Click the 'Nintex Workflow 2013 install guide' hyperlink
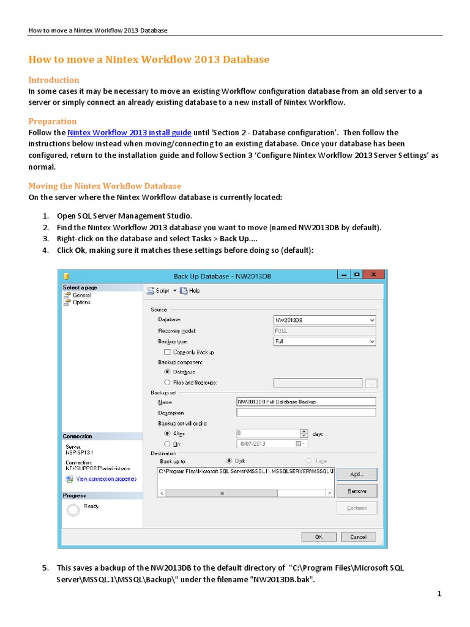click(x=130, y=133)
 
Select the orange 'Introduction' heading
click(x=54, y=80)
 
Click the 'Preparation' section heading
click(x=53, y=121)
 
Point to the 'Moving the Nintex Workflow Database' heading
click(x=105, y=186)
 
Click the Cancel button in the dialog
click(x=358, y=537)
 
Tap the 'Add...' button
click(x=356, y=474)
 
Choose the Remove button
click(x=356, y=491)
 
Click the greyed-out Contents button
click(x=356, y=508)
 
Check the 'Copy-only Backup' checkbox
click(x=167, y=352)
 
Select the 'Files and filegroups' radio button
click(x=167, y=383)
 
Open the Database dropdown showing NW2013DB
click(x=324, y=320)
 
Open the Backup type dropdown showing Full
click(x=324, y=342)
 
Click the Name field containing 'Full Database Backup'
click(x=305, y=402)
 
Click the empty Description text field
click(x=305, y=413)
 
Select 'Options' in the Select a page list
click(x=81, y=302)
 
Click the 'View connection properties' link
click(x=106, y=479)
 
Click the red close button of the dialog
click(x=374, y=276)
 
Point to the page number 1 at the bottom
click(x=439, y=594)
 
